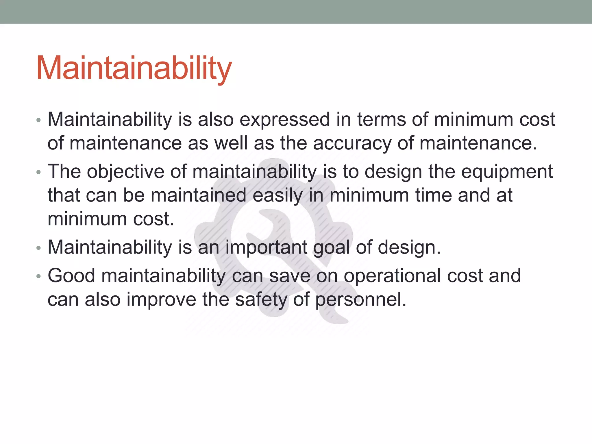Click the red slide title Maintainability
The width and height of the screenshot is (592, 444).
tap(134, 68)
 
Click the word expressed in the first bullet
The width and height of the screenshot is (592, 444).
tap(284, 120)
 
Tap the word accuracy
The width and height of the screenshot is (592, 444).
tap(352, 143)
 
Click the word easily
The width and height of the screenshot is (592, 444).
tap(277, 195)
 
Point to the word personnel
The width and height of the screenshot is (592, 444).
tap(361, 300)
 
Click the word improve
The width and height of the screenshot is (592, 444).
tap(161, 300)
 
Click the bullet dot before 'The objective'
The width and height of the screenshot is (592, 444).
tap(39, 173)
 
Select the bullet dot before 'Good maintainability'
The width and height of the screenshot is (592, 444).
tap(39, 277)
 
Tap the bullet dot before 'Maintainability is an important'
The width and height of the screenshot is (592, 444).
tap(39, 248)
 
